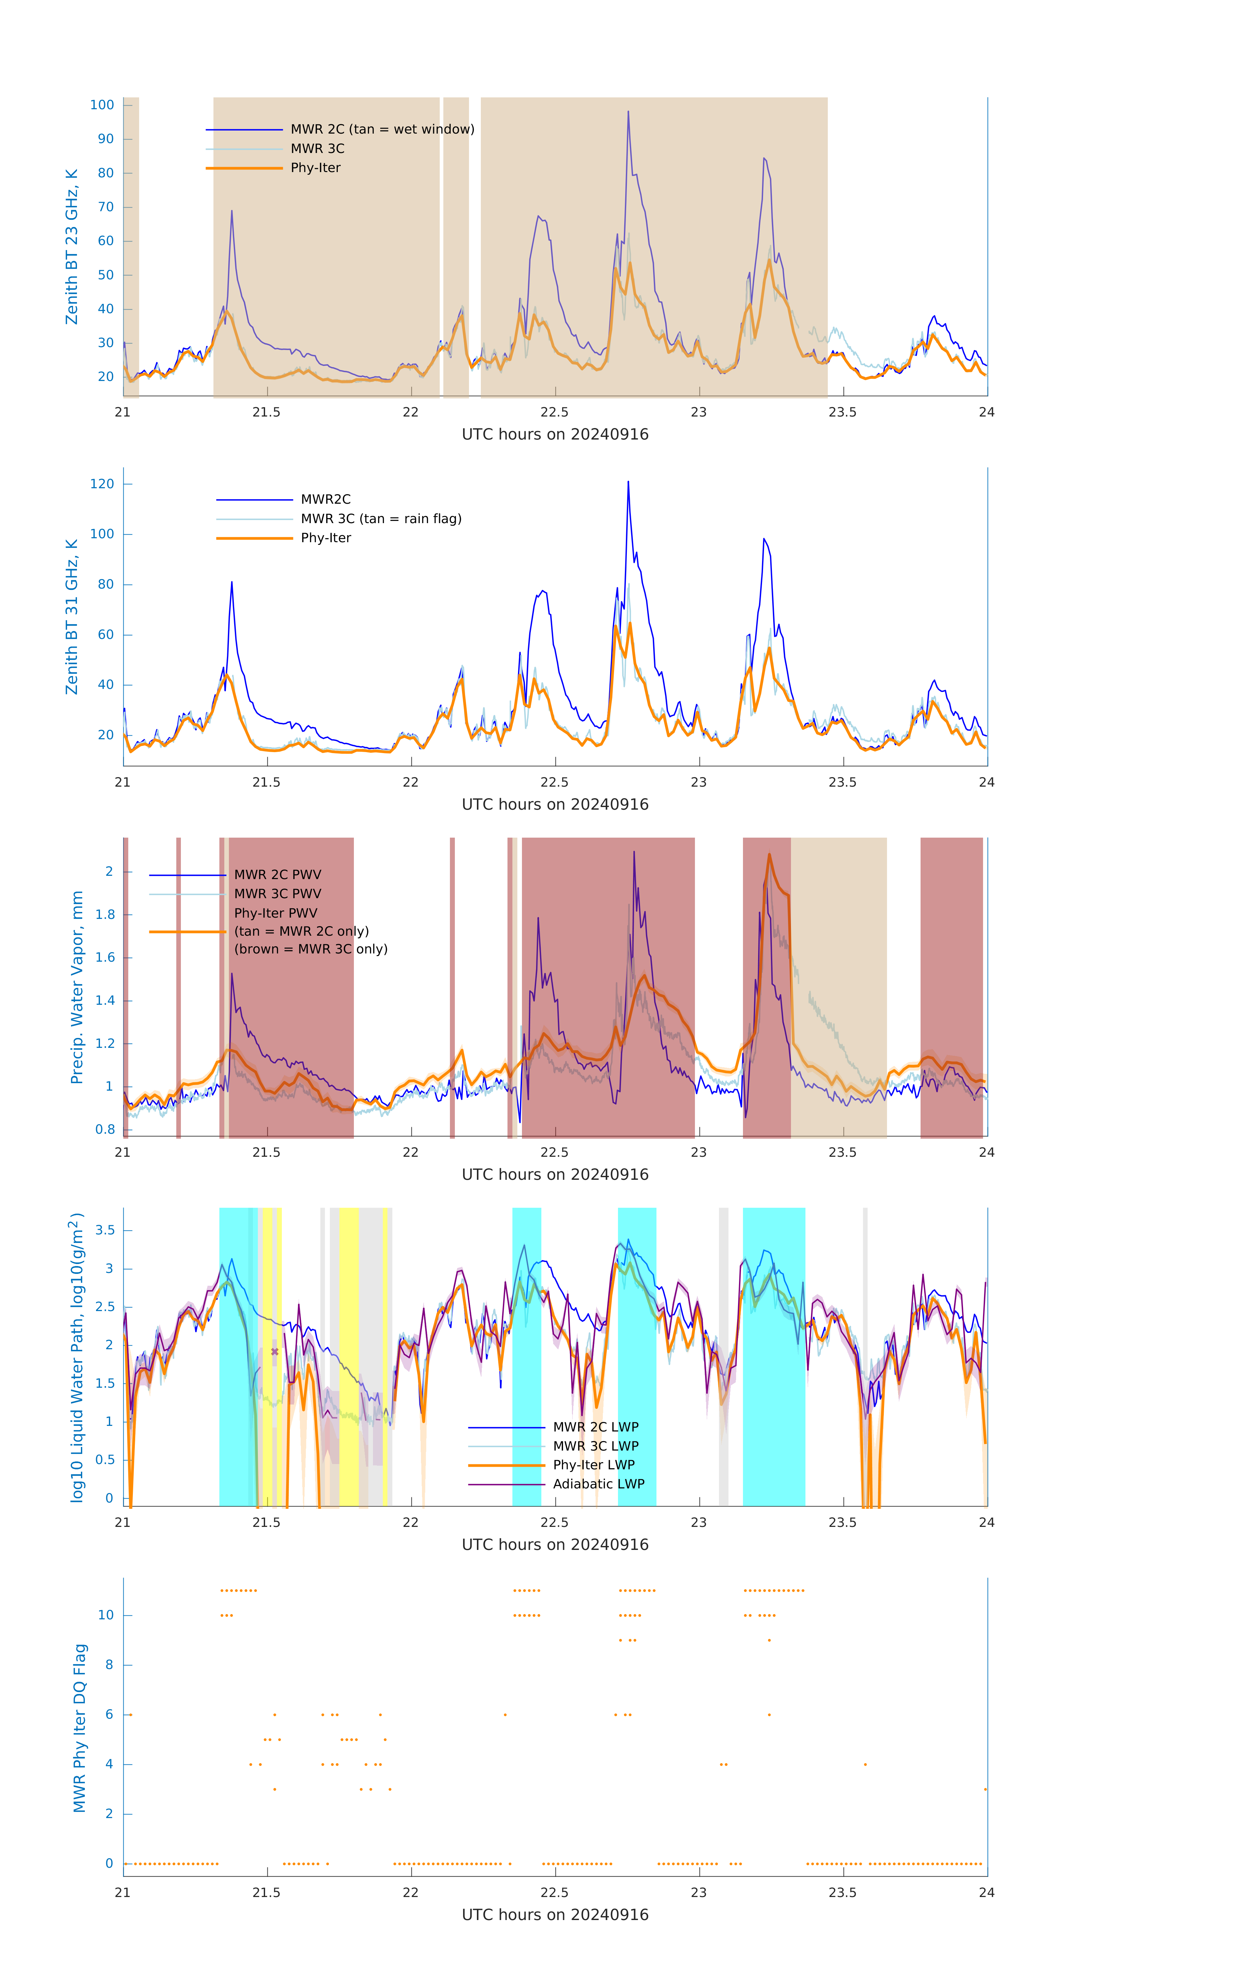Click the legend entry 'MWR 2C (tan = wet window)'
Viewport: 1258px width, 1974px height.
(382, 130)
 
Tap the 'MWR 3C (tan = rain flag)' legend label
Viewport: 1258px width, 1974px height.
(381, 519)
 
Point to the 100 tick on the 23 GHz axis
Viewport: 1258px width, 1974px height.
(102, 105)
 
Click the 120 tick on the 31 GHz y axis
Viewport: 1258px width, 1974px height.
(102, 484)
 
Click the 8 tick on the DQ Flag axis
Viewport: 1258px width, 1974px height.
(109, 1665)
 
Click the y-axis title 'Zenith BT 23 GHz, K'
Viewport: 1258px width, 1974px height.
(72, 247)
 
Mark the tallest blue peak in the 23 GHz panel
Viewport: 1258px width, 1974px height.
(629, 112)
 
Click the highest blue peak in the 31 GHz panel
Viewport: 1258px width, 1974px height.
(629, 482)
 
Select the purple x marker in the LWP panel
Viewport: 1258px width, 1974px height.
(275, 1352)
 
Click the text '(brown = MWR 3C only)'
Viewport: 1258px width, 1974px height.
(310, 949)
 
